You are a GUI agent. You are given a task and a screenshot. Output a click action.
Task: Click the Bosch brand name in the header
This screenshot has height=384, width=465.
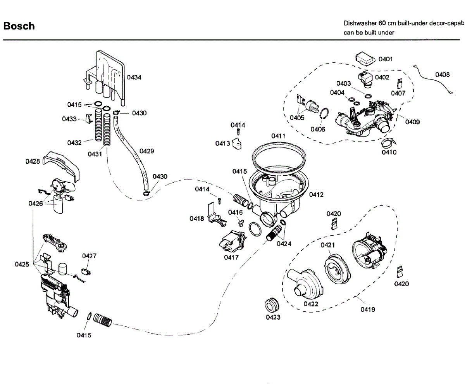tap(19, 26)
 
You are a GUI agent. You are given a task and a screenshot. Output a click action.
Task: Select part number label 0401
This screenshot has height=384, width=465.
tap(386, 59)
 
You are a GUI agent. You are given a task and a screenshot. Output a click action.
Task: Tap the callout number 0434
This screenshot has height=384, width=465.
tap(134, 77)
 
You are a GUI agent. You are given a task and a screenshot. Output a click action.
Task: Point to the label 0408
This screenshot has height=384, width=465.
tap(443, 75)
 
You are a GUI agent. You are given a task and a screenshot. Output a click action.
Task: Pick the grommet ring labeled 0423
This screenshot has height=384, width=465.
tap(272, 304)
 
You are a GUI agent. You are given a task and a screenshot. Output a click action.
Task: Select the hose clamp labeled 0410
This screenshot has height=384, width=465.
tap(388, 142)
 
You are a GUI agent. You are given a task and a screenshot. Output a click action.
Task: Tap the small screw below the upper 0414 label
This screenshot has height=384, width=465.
tap(238, 132)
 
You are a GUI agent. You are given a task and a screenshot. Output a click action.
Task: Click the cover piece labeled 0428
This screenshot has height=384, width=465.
tap(61, 166)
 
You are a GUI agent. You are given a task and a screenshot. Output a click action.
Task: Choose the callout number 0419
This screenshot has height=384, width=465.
tap(368, 310)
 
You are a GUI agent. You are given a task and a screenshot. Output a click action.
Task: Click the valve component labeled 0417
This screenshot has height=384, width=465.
tap(232, 242)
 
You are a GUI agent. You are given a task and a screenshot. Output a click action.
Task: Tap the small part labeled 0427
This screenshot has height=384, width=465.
tap(86, 272)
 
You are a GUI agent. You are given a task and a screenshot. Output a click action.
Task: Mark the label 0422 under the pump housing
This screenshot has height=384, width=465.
tap(311, 304)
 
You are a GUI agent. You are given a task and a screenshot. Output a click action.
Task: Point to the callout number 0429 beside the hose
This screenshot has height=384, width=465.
tap(147, 151)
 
